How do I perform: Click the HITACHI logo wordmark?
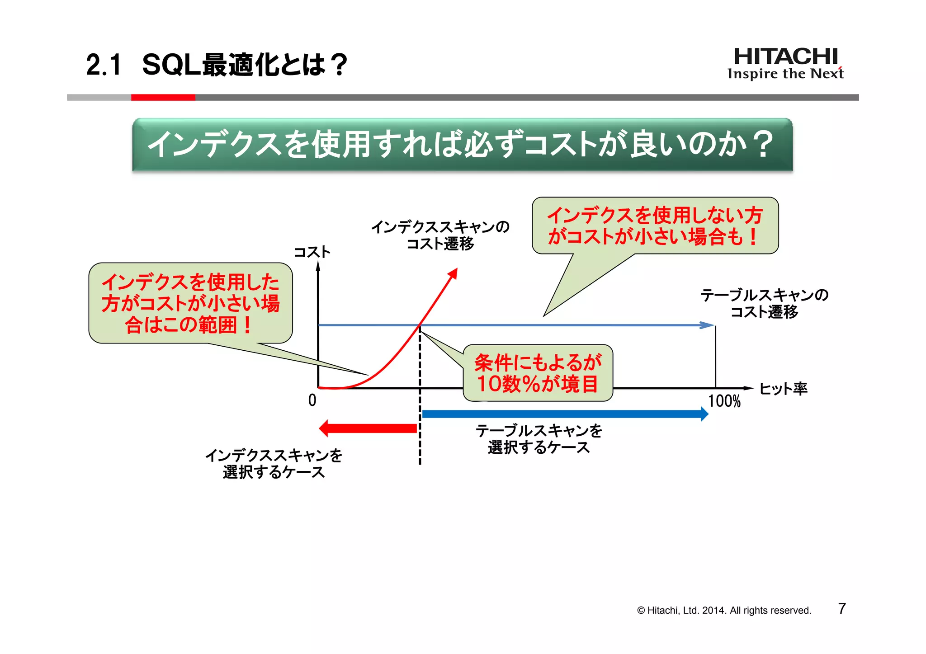[x=785, y=56]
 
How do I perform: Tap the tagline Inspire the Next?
[x=785, y=74]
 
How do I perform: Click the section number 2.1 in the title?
[x=104, y=65]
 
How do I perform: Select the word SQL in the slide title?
[x=171, y=65]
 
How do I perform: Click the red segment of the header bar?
[x=163, y=97]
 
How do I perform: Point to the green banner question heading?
[x=462, y=145]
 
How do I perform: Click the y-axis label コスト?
[x=312, y=252]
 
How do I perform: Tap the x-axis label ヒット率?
[x=783, y=389]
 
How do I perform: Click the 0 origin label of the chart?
[x=312, y=400]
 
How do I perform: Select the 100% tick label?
[x=724, y=401]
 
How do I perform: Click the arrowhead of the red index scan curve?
[x=453, y=273]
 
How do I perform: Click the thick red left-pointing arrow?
[x=369, y=428]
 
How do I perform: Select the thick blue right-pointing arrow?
[x=565, y=414]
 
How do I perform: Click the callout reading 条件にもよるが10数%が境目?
[x=538, y=373]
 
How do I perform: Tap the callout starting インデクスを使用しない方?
[x=655, y=226]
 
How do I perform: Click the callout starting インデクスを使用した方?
[x=190, y=303]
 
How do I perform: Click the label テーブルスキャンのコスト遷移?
[x=764, y=303]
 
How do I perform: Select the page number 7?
[x=841, y=609]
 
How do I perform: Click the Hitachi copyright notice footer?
[x=724, y=611]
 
